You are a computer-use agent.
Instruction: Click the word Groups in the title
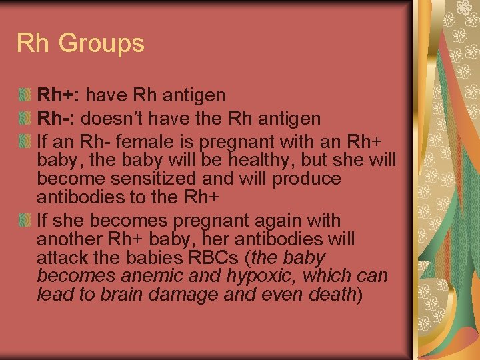(101, 44)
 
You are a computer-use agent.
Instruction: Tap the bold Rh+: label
(58, 95)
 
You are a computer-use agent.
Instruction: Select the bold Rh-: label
(58, 119)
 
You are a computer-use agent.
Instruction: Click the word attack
(62, 258)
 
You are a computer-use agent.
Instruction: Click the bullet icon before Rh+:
(24, 96)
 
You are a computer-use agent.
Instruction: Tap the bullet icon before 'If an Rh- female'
(24, 142)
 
